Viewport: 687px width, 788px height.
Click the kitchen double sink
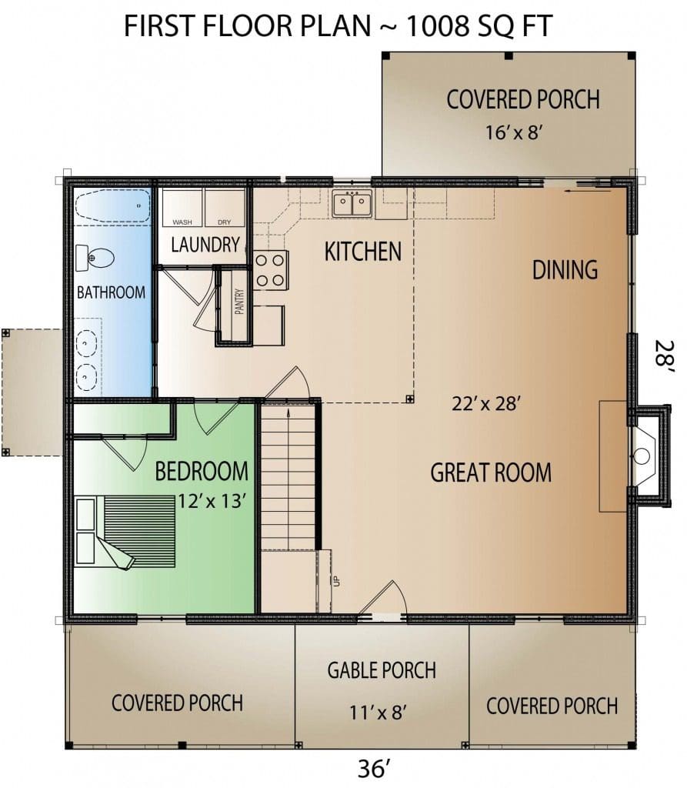coord(352,203)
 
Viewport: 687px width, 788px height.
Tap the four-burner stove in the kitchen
coord(270,270)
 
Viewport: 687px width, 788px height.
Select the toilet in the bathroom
coord(95,259)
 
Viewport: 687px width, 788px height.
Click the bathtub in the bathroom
coord(112,205)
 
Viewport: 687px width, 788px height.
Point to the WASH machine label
coord(182,222)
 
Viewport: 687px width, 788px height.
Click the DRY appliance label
coord(224,222)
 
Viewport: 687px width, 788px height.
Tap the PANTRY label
coord(239,301)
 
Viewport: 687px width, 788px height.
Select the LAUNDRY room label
coord(205,245)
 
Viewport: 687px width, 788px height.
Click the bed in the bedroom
coord(125,533)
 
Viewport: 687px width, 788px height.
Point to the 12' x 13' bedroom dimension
coord(212,501)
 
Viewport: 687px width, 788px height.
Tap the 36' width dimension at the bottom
coord(374,769)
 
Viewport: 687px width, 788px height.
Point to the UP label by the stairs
coord(337,581)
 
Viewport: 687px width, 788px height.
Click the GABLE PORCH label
coord(382,670)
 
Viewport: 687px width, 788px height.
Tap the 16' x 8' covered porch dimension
coord(513,132)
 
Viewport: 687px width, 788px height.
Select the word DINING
coord(565,270)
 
